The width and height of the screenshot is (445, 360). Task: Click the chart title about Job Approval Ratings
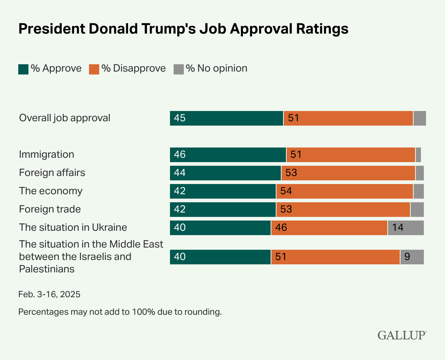tap(183, 29)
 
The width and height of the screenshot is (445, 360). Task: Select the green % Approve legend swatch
tap(23, 69)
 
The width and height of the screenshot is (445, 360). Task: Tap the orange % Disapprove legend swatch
tap(94, 69)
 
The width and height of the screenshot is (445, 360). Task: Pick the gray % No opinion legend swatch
tap(178, 69)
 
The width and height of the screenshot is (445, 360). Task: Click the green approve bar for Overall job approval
tap(226, 118)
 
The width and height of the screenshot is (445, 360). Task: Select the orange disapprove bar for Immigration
tap(351, 155)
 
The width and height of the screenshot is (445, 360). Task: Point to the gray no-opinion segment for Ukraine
tap(406, 228)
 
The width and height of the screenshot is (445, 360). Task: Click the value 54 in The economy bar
tap(286, 191)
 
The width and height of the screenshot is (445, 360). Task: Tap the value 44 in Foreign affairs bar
tap(180, 173)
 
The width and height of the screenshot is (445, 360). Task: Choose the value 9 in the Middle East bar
tap(407, 257)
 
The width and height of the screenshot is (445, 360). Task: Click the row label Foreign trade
tap(50, 209)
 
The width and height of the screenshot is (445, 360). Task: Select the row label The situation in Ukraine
tap(73, 227)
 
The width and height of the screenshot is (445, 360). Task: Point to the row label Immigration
tap(46, 154)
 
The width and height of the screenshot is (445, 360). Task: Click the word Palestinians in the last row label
tap(47, 269)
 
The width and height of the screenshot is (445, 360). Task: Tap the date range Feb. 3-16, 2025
tap(49, 294)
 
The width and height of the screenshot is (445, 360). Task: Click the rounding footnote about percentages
tap(120, 312)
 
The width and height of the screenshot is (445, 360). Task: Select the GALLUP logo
tap(402, 335)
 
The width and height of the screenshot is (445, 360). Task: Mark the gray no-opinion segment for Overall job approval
tap(419, 118)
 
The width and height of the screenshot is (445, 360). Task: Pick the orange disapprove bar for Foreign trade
tap(343, 210)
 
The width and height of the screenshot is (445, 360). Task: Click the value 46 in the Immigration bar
tap(180, 155)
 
